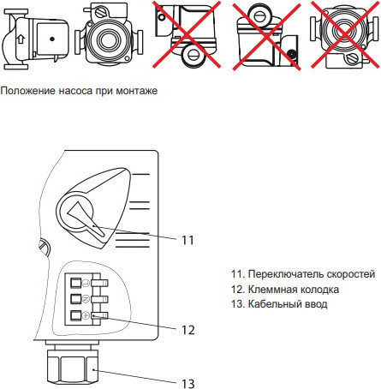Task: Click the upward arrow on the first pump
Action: tap(21, 39)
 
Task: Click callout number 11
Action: tap(188, 240)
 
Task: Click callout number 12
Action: tap(188, 329)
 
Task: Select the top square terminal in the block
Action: tap(75, 281)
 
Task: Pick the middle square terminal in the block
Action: tap(75, 299)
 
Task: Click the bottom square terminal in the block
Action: tap(75, 316)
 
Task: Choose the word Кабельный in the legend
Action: tap(274, 304)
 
